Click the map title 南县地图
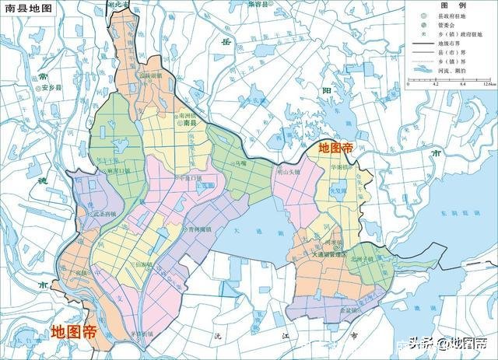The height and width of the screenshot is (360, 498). pos(27,7)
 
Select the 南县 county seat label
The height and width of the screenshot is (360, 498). pos(188,133)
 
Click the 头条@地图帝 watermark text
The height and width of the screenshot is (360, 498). pos(456,343)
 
